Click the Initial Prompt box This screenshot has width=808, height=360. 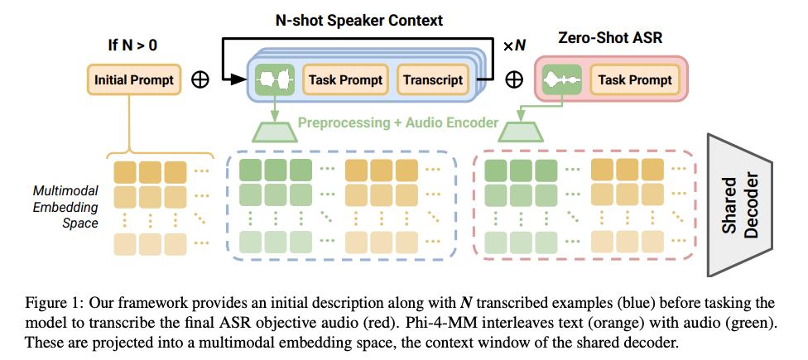134,80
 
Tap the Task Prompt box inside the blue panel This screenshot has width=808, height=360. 345,80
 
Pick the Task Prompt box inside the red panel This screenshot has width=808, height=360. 635,80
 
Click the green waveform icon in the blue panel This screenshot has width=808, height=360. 275,80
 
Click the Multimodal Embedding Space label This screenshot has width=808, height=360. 65,206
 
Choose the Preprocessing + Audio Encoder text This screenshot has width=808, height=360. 397,122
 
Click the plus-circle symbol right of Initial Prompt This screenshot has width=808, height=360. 200,80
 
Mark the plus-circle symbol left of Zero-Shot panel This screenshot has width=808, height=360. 514,80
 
